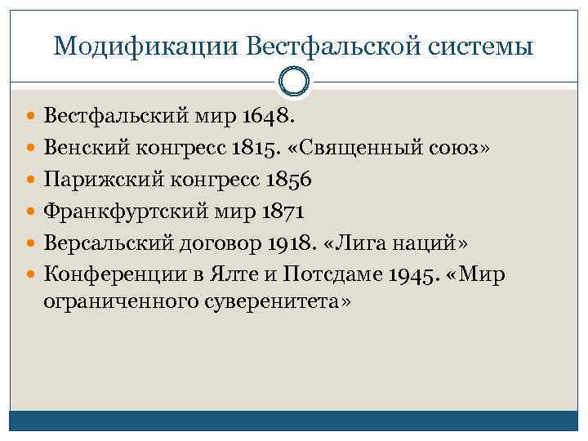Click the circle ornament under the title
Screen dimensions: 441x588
click(x=294, y=82)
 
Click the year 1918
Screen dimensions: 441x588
click(x=291, y=243)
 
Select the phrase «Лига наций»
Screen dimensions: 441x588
click(x=398, y=243)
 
